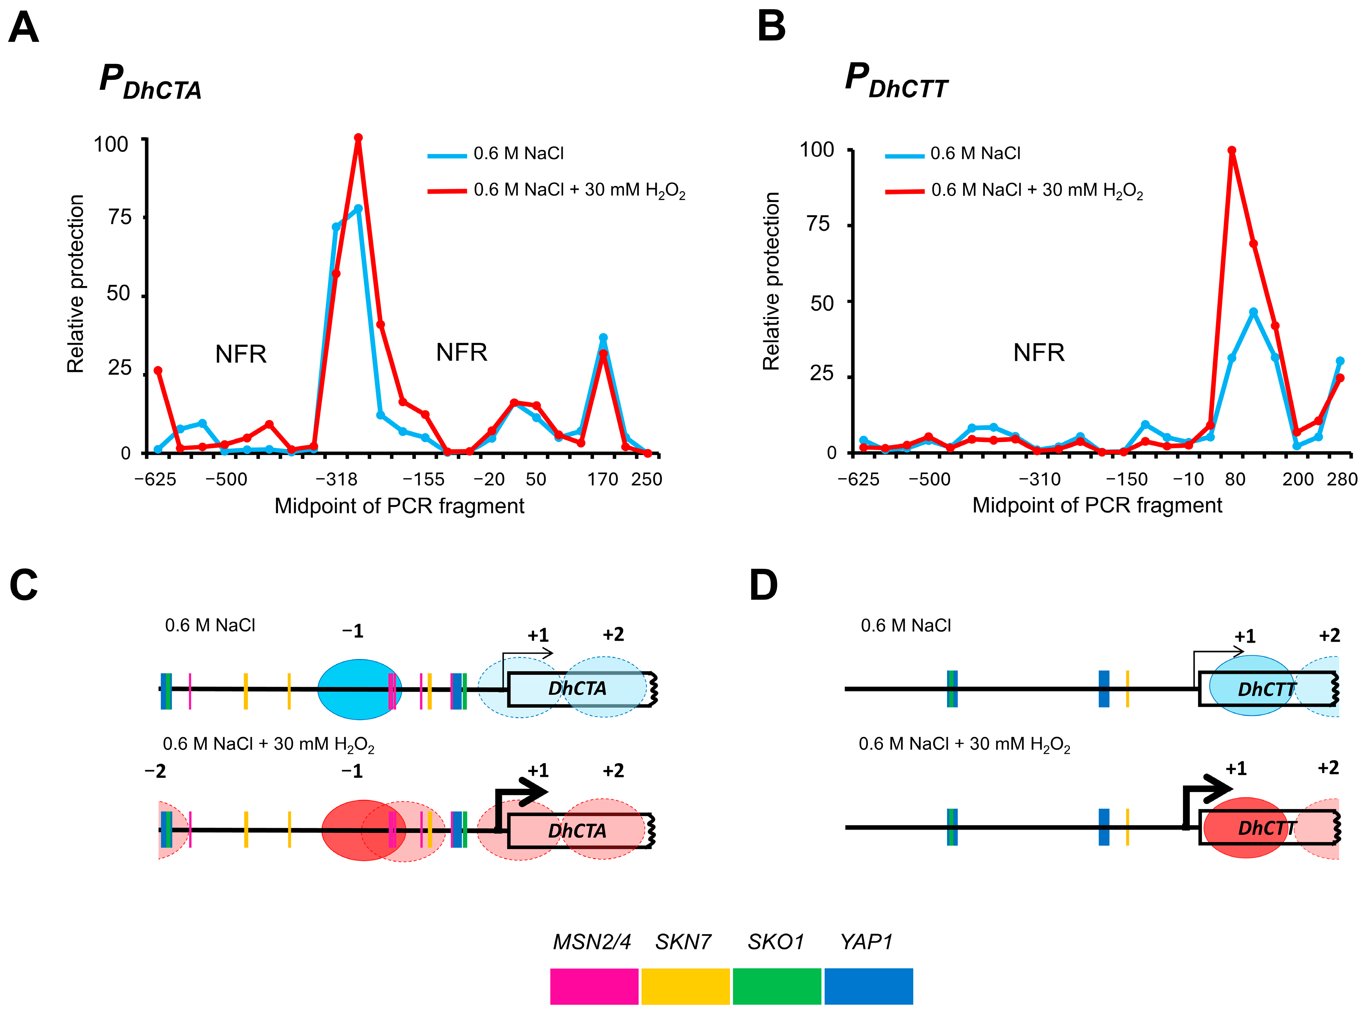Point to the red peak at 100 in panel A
pos(358,137)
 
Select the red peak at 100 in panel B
pos(1231,151)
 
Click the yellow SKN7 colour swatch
pos(685,986)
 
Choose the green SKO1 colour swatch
pos(776,986)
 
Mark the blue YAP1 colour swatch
pos(868,986)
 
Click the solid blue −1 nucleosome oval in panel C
pos(359,689)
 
